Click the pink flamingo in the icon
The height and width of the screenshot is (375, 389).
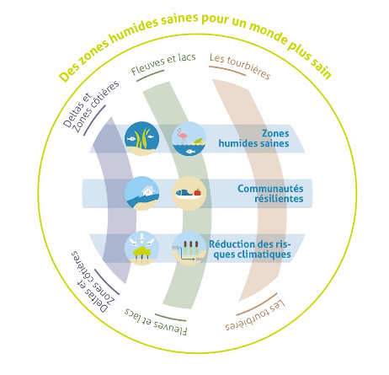pyautogui.click(x=183, y=136)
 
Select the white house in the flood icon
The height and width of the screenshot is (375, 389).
pyautogui.click(x=148, y=190)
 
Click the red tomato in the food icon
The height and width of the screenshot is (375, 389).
pyautogui.click(x=198, y=192)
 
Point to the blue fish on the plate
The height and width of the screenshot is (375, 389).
pyautogui.click(x=184, y=193)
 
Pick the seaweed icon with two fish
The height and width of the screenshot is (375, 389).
pyautogui.click(x=142, y=138)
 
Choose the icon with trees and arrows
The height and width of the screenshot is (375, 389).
pyautogui.click(x=142, y=248)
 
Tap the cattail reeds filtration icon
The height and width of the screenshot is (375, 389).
pyautogui.click(x=189, y=248)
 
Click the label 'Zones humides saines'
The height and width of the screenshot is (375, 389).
pyautogui.click(x=253, y=138)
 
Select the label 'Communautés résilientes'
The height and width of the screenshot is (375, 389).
pyautogui.click(x=270, y=194)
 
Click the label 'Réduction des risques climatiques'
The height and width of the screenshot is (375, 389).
pyautogui.click(x=250, y=249)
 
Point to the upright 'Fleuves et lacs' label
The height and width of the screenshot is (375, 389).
pyautogui.click(x=163, y=64)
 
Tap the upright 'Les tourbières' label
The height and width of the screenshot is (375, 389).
pyautogui.click(x=240, y=66)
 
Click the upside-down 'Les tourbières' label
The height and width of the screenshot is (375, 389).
pyautogui.click(x=255, y=315)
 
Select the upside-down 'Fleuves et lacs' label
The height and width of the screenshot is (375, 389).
pyautogui.click(x=156, y=322)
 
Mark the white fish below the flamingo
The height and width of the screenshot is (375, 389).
pyautogui.click(x=191, y=151)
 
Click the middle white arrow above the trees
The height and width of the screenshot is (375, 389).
pyautogui.click(x=142, y=238)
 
